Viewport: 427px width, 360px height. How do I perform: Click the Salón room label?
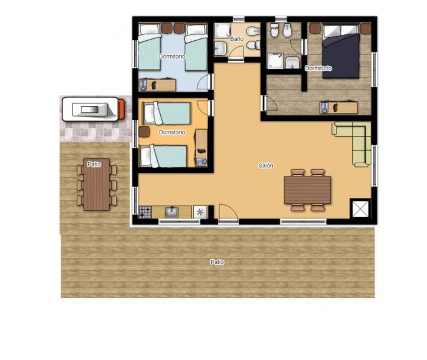click(x=266, y=166)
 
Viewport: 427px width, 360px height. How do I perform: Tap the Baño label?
click(x=237, y=39)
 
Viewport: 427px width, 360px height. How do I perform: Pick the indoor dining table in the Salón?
click(x=308, y=190)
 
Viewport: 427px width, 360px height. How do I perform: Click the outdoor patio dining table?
click(x=97, y=184)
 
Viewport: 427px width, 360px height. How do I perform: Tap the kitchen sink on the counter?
click(x=172, y=212)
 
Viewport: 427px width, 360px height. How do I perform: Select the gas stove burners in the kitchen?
click(x=145, y=212)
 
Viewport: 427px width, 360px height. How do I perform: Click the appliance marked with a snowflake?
click(x=200, y=212)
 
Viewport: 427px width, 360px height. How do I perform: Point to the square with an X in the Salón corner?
click(x=360, y=209)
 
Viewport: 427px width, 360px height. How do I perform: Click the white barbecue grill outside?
click(x=91, y=109)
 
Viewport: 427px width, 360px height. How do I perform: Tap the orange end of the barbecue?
click(x=122, y=109)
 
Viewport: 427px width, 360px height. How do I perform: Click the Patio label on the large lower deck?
click(x=217, y=262)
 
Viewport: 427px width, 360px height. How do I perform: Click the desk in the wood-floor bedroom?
click(x=338, y=107)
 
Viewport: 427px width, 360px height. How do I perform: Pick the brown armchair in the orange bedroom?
click(x=144, y=131)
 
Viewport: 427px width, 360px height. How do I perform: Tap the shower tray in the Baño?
click(x=222, y=30)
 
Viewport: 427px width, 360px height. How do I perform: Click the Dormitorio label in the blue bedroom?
click(x=172, y=56)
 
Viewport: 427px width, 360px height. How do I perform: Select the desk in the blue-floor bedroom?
click(x=157, y=85)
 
